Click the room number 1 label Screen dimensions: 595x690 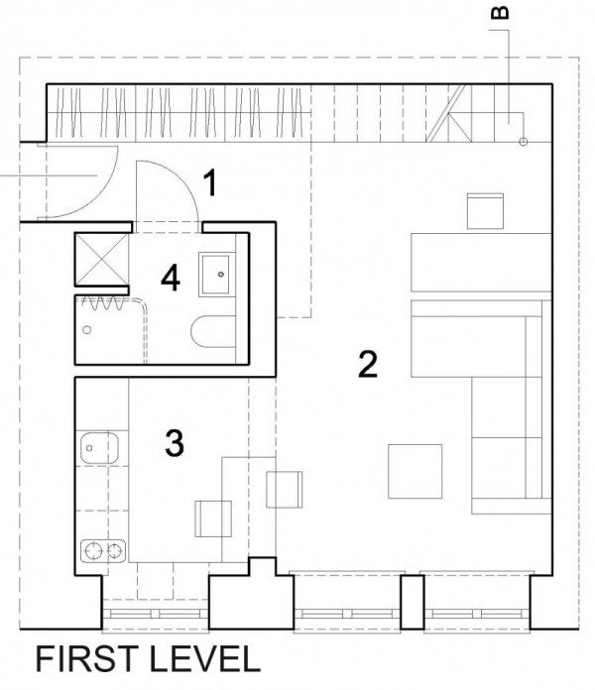click(211, 183)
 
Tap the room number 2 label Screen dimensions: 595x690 click(368, 364)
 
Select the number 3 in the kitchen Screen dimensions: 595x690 click(175, 443)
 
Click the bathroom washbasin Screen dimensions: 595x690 click(214, 274)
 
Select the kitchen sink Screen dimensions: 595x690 click(99, 448)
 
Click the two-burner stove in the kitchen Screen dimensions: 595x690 click(103, 550)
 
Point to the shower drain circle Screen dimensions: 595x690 click(87, 329)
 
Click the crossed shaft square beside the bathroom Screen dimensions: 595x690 click(102, 260)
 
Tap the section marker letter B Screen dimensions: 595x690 click(500, 13)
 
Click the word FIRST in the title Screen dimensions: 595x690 click(86, 658)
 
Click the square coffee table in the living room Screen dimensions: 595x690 click(415, 471)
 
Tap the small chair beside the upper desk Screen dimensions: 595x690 click(485, 211)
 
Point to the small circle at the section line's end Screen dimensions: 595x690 click(523, 142)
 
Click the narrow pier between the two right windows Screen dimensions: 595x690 click(412, 601)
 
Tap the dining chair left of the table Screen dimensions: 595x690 click(213, 518)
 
